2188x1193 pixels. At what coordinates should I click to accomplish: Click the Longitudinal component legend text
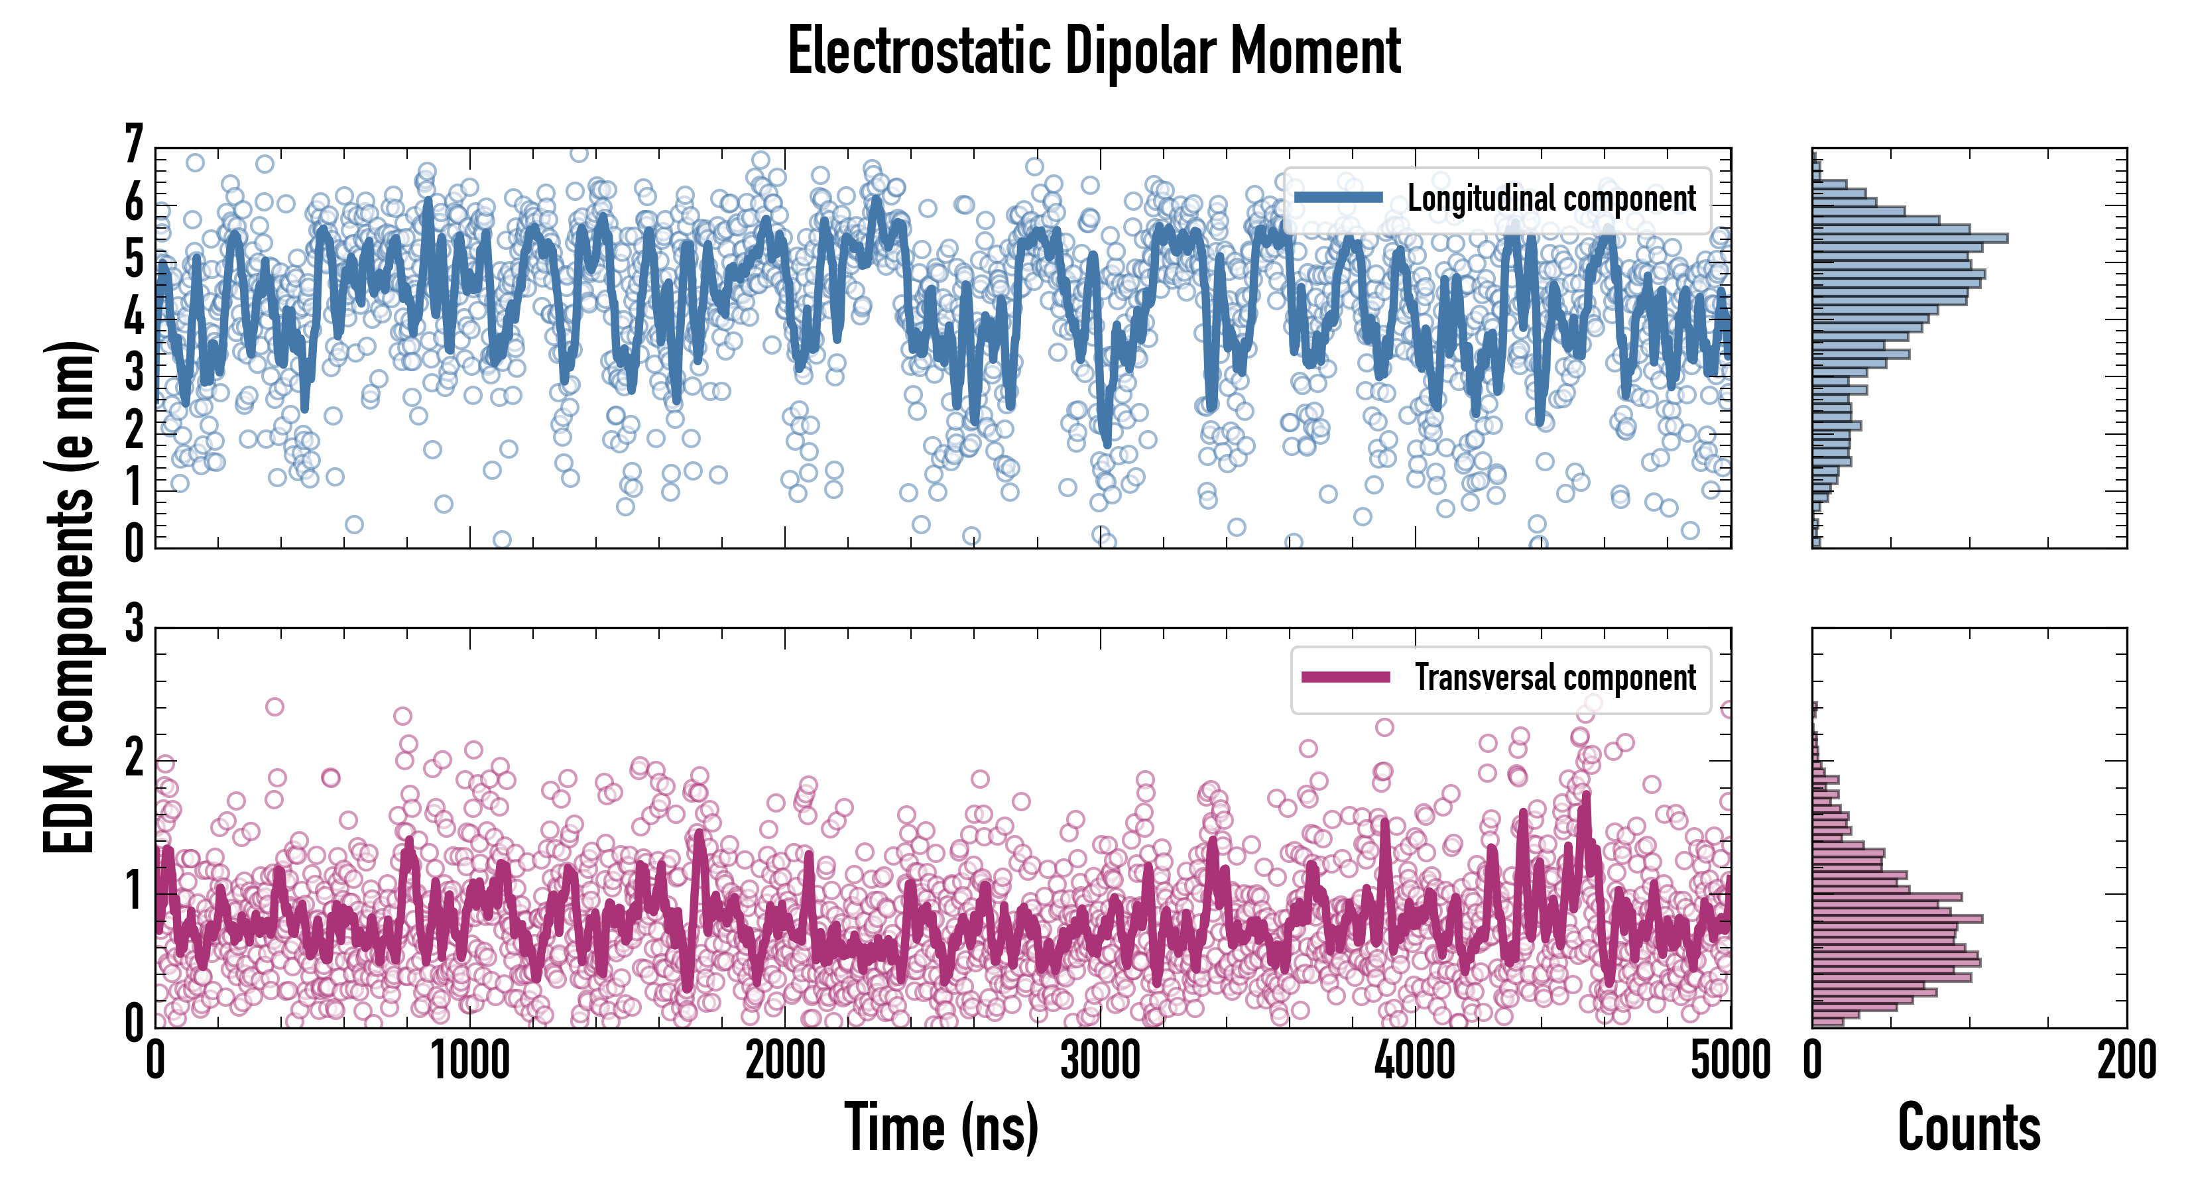click(x=1551, y=199)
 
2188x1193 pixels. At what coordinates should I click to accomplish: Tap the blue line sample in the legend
click(x=1338, y=198)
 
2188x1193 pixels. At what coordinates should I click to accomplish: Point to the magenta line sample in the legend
click(x=1345, y=677)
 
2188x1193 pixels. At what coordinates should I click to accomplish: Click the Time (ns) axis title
click(x=941, y=1127)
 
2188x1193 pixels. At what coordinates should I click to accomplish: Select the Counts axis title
click(x=1969, y=1127)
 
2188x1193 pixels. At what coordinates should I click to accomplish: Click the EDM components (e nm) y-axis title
click(x=70, y=597)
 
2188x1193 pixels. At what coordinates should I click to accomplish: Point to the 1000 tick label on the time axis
click(x=469, y=1061)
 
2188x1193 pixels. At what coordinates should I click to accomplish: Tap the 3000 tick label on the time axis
click(x=1100, y=1061)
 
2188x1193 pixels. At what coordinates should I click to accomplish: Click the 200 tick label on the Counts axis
click(x=2126, y=1061)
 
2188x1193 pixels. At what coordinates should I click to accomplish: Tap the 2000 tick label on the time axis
click(x=785, y=1061)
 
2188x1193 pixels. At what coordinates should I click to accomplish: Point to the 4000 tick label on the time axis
click(x=1415, y=1061)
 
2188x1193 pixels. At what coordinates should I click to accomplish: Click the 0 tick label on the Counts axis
click(x=1813, y=1061)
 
